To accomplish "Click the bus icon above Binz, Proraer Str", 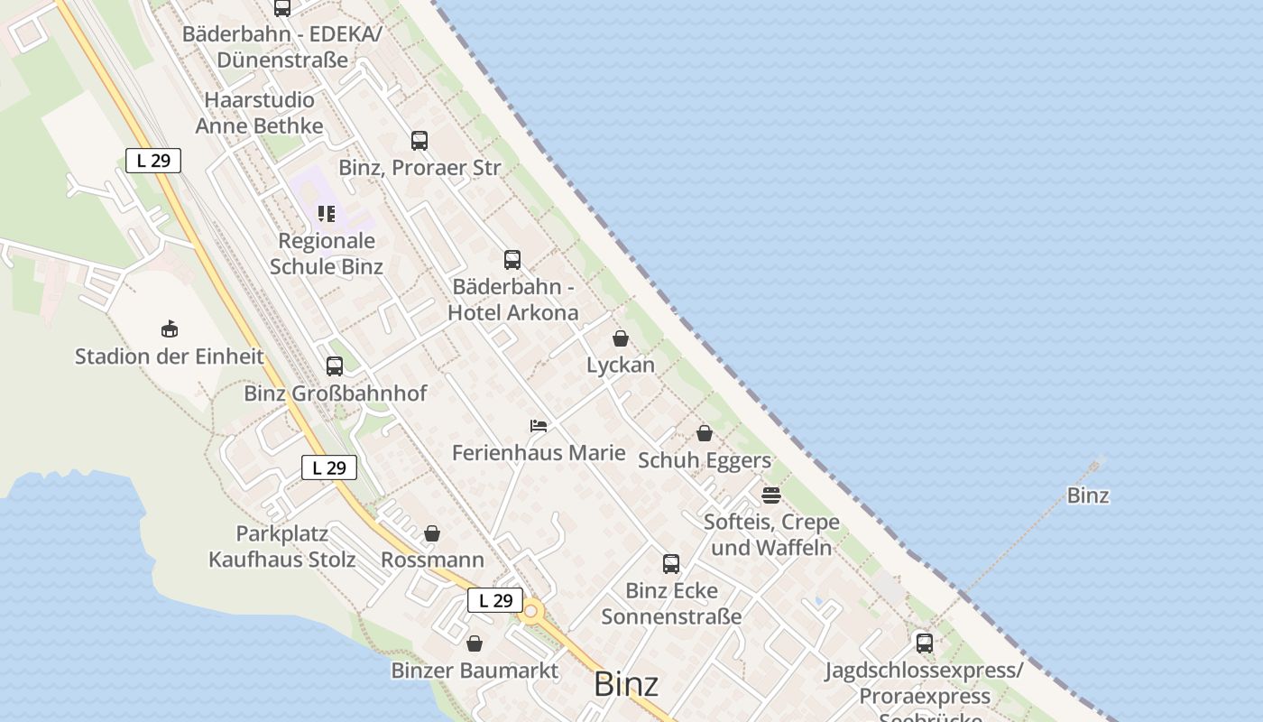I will tap(419, 141).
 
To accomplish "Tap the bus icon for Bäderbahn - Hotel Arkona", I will tap(512, 260).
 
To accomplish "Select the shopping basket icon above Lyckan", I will tap(621, 338).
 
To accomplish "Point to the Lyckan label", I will tap(621, 366).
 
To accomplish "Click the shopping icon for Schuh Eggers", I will tap(705, 433).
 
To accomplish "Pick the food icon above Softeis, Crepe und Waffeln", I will tap(770, 495).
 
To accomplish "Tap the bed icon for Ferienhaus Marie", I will tap(539, 425).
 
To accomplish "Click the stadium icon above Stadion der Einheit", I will tap(169, 329).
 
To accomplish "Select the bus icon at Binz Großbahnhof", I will tap(335, 366).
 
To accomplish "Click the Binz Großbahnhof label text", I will tap(336, 393).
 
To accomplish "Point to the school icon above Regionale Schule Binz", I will tap(327, 214).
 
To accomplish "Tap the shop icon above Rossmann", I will tap(432, 533).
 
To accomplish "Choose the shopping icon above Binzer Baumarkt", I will tap(475, 643).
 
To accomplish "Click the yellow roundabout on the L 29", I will tap(531, 612).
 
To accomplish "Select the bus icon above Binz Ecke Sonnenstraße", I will tap(671, 564).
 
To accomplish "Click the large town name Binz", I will tap(626, 684).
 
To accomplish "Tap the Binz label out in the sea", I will tap(1088, 495).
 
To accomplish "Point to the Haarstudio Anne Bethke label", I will tap(260, 113).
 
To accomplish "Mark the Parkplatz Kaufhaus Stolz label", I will tap(282, 547).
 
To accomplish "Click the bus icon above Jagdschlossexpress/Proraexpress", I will tap(925, 643).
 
